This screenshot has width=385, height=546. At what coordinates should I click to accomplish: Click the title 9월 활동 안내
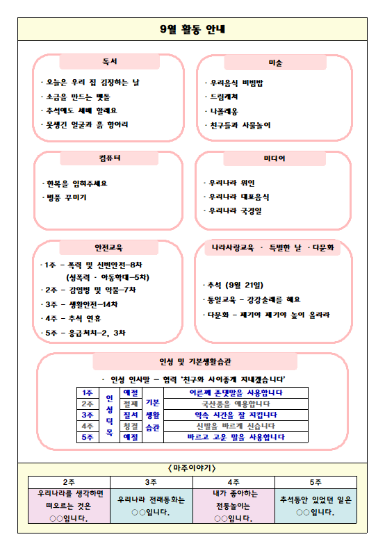click(192, 30)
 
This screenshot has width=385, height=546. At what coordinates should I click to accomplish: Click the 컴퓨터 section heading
click(109, 158)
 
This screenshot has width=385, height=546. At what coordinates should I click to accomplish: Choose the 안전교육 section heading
click(109, 247)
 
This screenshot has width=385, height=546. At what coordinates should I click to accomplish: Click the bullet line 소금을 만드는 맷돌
click(80, 97)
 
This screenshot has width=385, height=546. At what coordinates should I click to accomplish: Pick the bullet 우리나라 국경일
click(236, 210)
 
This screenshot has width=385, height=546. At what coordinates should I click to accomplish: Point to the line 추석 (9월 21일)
click(235, 285)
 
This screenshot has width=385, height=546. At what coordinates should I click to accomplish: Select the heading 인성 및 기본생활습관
click(195, 362)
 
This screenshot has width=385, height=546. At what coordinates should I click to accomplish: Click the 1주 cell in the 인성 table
click(88, 392)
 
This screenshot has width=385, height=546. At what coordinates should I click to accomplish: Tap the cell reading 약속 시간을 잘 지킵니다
click(236, 415)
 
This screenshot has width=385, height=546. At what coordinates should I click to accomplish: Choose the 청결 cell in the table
click(131, 426)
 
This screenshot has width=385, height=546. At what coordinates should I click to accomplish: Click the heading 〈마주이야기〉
click(192, 468)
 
